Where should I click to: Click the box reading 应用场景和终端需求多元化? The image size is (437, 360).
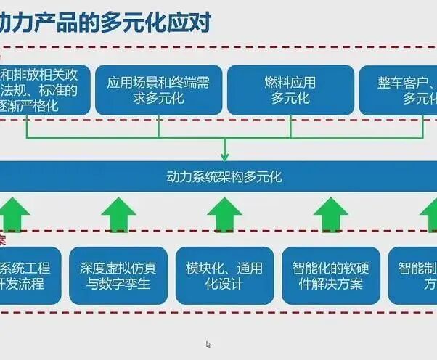158,90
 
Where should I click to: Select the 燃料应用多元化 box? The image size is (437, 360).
290,90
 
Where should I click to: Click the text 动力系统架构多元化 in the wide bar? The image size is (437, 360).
224,176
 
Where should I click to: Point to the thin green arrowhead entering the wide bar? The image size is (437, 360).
224,155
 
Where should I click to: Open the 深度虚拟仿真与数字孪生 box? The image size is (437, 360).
118,276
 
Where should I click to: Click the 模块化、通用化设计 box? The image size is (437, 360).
224,276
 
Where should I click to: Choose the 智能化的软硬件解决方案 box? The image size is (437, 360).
331,276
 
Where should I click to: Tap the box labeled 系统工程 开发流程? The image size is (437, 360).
29,276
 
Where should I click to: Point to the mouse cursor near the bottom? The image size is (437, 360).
208,345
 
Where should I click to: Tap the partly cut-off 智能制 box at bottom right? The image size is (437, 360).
414,276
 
